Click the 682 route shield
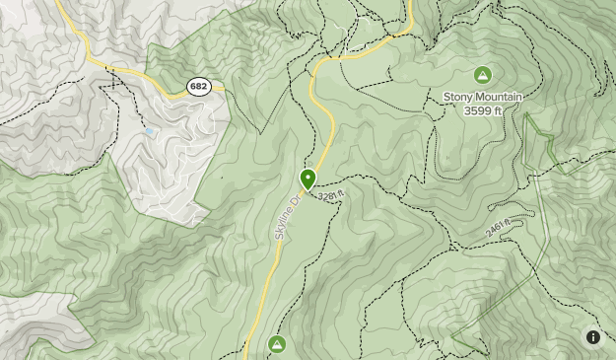click(x=199, y=87)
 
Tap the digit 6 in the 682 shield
click(x=193, y=87)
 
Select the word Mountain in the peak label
click(x=498, y=97)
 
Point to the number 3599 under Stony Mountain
click(x=476, y=110)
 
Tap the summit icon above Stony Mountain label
click(x=482, y=75)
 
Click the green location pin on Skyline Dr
click(x=308, y=179)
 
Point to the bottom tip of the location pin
click(x=308, y=190)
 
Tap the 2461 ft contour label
click(x=497, y=228)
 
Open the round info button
click(x=593, y=337)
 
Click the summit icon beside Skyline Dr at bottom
click(x=277, y=343)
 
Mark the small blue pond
click(x=148, y=131)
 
